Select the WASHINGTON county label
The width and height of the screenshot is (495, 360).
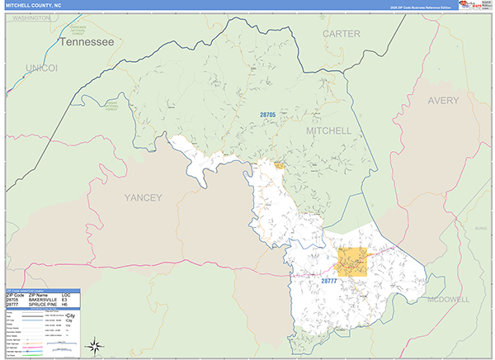coord(31,17)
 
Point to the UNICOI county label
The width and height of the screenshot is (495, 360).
coord(40,67)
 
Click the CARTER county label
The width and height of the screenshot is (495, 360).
coord(342,34)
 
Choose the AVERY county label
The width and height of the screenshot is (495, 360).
coord(448,100)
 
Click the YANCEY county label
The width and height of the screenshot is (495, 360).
coord(143,197)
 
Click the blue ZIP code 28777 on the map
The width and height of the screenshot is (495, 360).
coord(329,281)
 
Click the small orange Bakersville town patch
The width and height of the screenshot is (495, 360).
coord(280,166)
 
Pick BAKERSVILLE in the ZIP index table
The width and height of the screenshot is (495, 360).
coord(43,300)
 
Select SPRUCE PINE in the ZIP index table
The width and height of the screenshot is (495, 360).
coord(42,305)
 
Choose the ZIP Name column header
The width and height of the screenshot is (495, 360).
coord(38,295)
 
